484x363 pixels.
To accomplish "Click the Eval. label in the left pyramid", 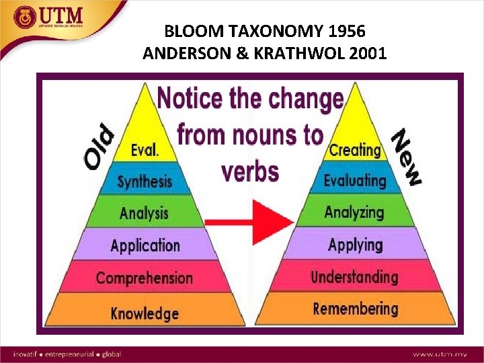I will (x=145, y=150).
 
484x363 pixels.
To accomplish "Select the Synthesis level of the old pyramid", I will (x=145, y=182).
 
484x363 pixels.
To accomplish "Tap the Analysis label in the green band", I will (x=145, y=214).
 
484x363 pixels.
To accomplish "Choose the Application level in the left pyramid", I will (x=145, y=245).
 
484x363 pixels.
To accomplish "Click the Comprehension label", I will (x=144, y=278).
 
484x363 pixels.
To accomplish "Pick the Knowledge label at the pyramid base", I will (x=145, y=313).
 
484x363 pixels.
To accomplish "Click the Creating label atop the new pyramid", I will (x=354, y=149).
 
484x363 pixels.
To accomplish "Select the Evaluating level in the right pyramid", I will (x=355, y=180).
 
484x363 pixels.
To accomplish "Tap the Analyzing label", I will (x=354, y=212).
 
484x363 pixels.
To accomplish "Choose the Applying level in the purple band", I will (x=355, y=244).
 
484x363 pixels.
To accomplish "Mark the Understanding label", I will (x=355, y=276).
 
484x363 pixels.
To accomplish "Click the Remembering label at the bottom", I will (x=355, y=309).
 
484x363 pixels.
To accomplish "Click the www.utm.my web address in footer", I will (x=440, y=354).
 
